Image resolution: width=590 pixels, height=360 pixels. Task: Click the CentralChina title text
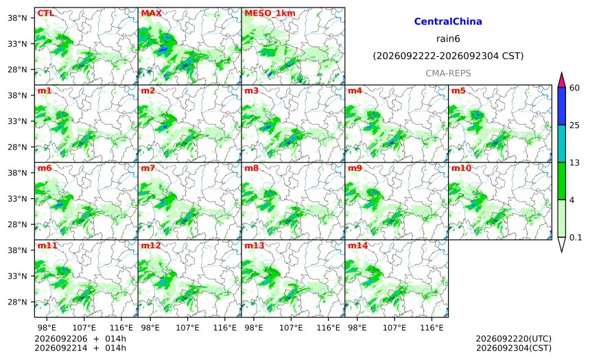[x=448, y=21]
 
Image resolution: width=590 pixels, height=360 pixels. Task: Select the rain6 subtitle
[x=448, y=39]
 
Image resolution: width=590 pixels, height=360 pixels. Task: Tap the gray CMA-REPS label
[x=448, y=73]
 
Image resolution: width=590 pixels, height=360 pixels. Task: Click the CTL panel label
[x=45, y=13]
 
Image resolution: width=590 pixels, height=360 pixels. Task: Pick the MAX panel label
[x=151, y=13]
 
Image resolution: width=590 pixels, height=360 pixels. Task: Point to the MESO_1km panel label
[x=270, y=13]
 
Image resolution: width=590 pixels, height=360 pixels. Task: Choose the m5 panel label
[x=458, y=91]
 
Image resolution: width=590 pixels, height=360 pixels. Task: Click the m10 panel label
[x=461, y=168]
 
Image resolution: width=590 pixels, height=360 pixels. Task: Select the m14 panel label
[x=357, y=245]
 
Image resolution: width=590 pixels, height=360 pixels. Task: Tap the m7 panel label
[x=148, y=168]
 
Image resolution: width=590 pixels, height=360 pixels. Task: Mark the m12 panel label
[x=151, y=245]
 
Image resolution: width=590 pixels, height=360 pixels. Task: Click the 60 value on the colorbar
[x=574, y=88]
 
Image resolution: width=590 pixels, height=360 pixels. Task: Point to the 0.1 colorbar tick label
[x=576, y=237]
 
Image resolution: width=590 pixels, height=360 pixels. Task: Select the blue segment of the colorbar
[x=561, y=106]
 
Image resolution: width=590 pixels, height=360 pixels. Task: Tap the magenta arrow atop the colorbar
[x=561, y=80]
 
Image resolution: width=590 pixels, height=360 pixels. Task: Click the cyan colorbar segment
[x=561, y=144]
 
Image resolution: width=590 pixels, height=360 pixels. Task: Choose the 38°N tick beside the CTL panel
[x=17, y=18]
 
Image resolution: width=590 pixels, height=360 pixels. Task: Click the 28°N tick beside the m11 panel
[x=17, y=302]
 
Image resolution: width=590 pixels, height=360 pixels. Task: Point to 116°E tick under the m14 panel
[x=432, y=328]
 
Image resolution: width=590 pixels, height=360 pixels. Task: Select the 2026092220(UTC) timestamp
[x=514, y=339]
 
